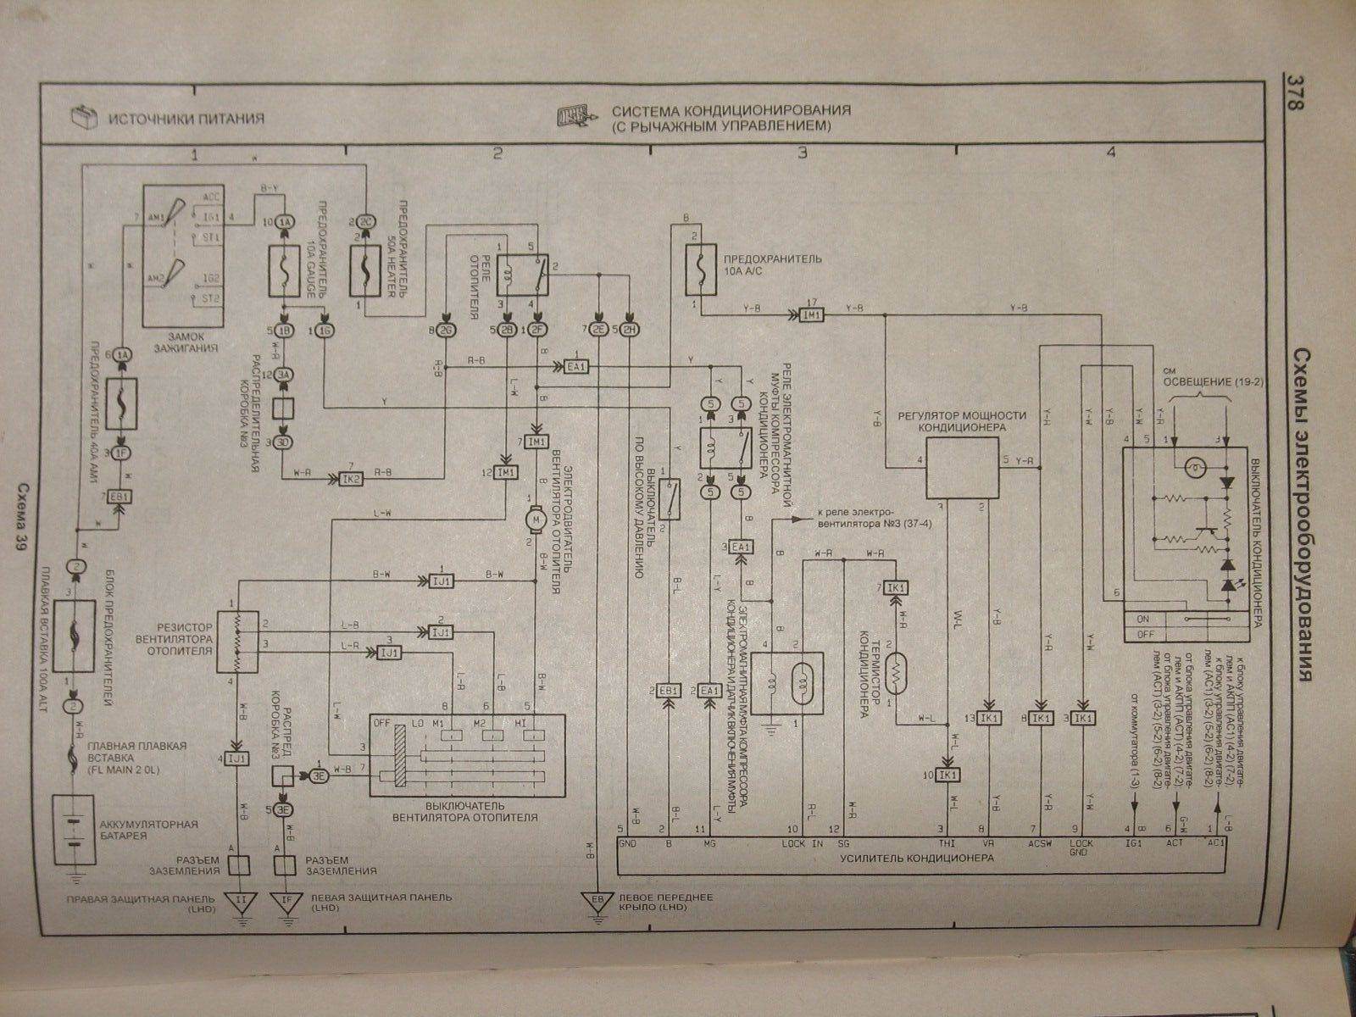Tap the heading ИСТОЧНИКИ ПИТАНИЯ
(186, 118)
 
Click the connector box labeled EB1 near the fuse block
(119, 496)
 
